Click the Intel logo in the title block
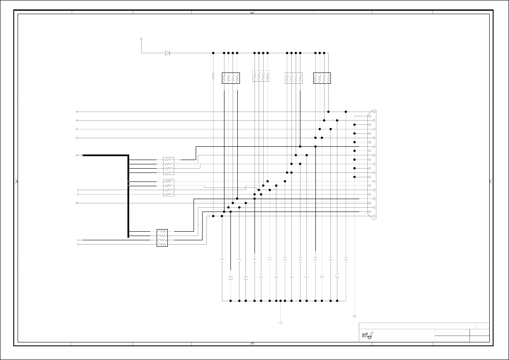coord(367,335)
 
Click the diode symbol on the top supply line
coord(167,53)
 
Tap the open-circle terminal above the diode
coord(141,39)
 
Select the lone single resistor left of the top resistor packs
coord(213,76)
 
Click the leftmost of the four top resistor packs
coord(231,78)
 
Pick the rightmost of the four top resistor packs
coord(322,78)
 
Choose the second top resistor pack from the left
coord(261,76)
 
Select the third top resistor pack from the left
coord(294,78)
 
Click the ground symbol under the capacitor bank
coord(280,322)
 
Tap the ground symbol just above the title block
coord(354,317)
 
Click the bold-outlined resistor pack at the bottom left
coord(162,238)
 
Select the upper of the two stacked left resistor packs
coord(169,166)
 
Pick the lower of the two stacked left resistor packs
coord(169,188)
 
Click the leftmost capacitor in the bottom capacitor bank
coord(222,260)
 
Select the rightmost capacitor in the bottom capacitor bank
coord(346,259)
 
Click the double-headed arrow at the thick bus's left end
coord(79,155)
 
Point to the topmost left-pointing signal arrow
coord(77,112)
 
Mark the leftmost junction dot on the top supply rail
coord(213,53)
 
